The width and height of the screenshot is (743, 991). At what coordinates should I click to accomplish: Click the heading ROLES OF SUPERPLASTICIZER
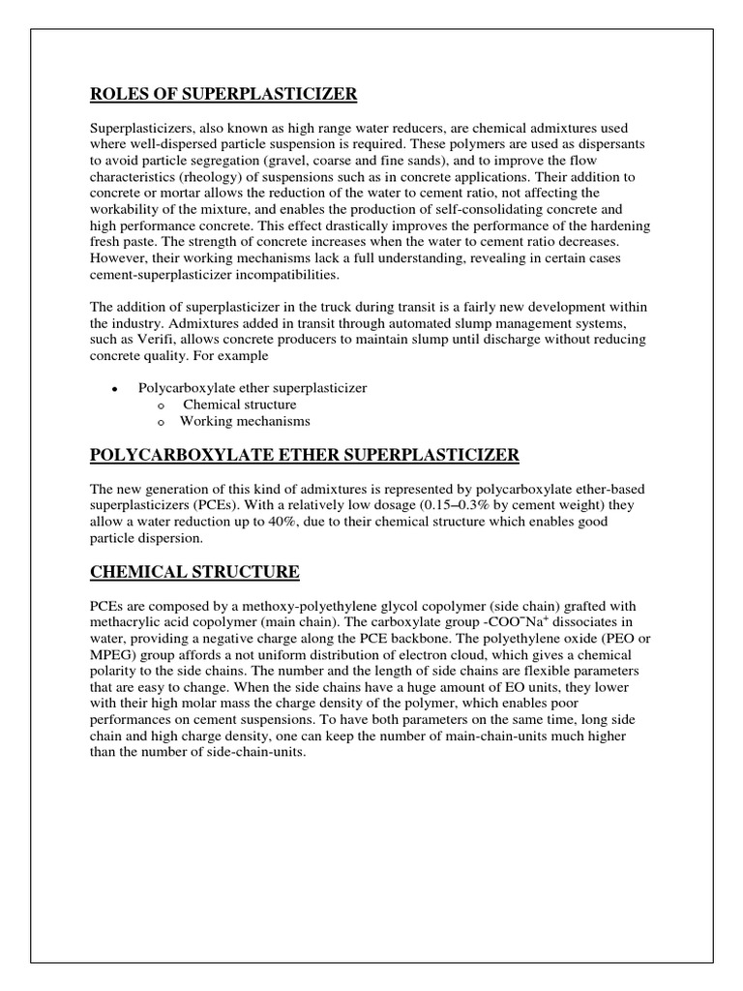tap(223, 94)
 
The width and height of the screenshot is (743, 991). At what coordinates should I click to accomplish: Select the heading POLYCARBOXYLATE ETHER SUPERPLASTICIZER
tap(305, 455)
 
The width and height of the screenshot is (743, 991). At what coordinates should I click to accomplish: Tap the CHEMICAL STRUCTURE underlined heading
tap(194, 572)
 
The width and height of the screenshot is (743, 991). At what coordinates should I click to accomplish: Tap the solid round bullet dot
tap(114, 389)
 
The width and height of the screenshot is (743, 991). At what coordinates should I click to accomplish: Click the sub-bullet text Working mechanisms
tap(245, 421)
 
